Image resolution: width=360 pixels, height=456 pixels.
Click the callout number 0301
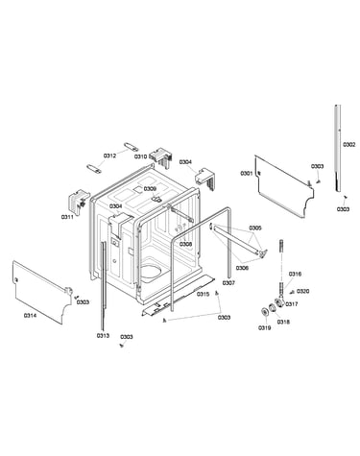(247, 174)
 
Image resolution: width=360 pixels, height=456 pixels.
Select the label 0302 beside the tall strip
(349, 145)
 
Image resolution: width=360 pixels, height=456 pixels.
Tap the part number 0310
(140, 156)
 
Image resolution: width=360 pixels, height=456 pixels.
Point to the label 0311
(67, 217)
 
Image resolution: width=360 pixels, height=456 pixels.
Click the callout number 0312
(109, 156)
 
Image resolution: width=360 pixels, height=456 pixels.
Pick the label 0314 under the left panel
(30, 315)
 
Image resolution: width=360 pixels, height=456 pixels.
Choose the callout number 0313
(103, 335)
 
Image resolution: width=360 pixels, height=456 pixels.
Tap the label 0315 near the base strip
(204, 294)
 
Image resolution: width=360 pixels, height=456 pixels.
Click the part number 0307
(228, 283)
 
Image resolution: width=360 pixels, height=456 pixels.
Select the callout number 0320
(302, 291)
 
